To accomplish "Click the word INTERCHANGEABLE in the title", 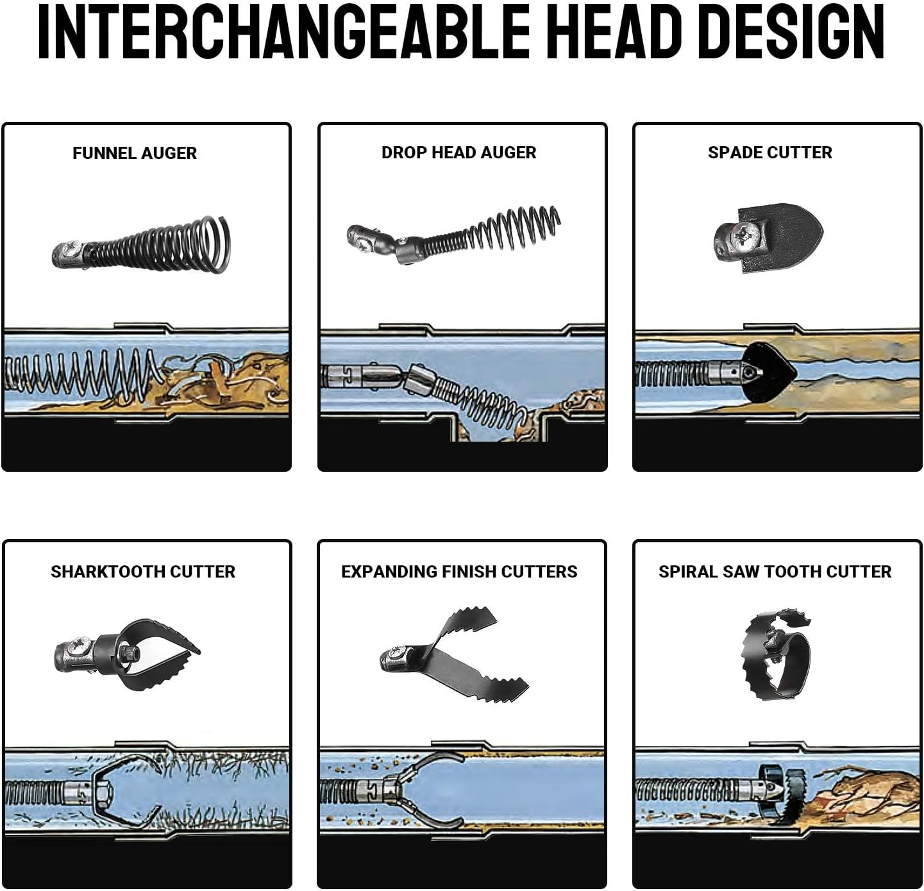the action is coord(283,32).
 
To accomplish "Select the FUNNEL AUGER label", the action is coord(135,153).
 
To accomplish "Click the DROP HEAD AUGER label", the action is coord(458,153).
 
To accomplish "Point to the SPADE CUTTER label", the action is coord(769,153).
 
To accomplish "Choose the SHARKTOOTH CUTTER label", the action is coord(143,572).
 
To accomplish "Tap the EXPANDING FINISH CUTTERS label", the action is coord(459,572).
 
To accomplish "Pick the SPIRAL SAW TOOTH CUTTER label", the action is coord(775,572).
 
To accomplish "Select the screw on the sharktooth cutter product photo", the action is coord(76,646).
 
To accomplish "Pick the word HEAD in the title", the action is coord(614,32).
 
